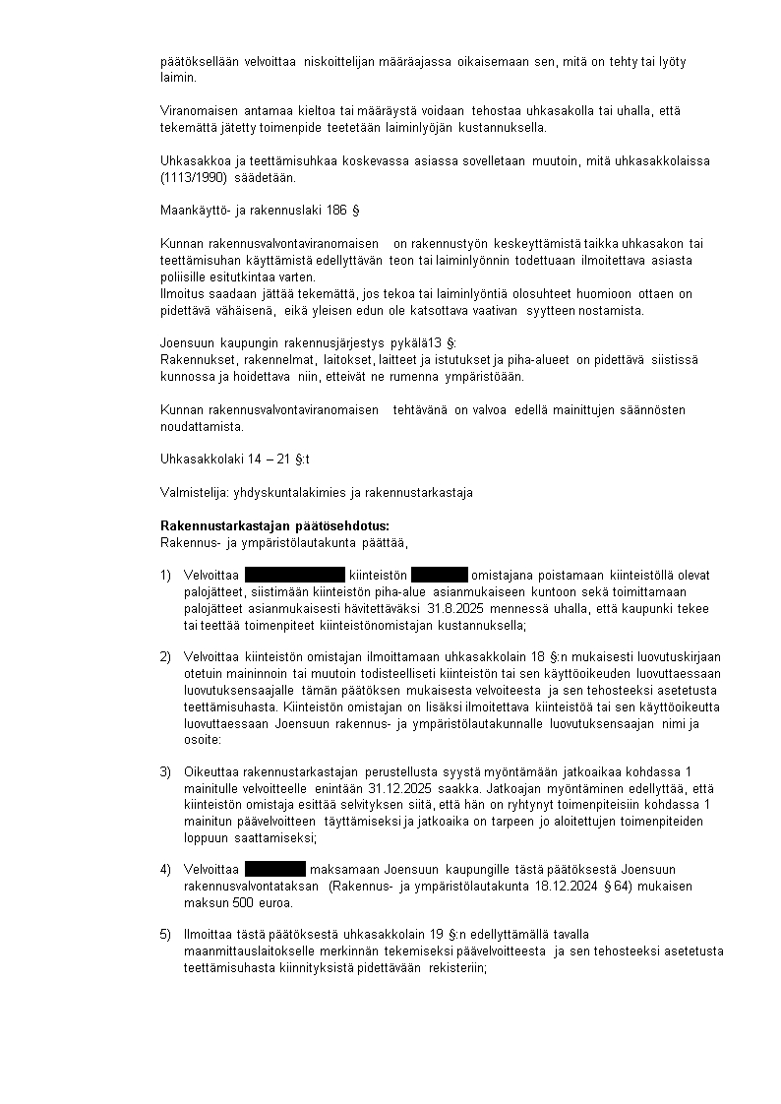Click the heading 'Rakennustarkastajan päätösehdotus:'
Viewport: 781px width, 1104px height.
(274, 525)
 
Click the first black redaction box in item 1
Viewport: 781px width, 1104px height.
(294, 576)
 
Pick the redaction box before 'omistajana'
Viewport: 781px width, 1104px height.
(439, 576)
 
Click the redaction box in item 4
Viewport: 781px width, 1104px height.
(274, 869)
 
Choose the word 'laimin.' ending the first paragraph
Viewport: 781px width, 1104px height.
(178, 77)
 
